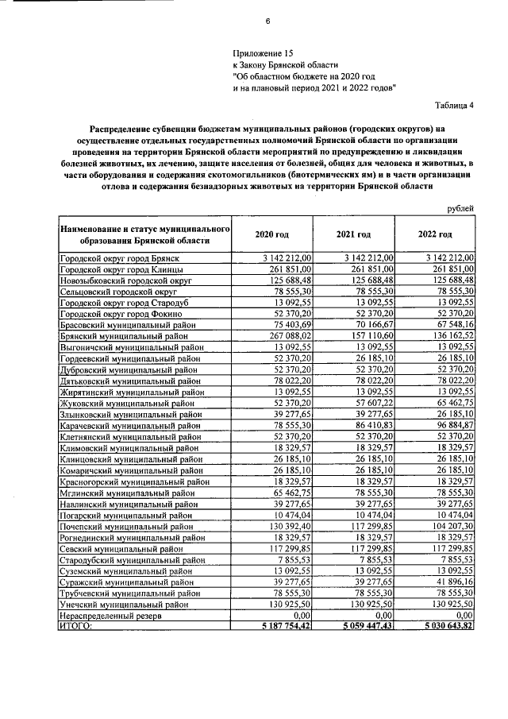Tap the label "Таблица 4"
point(455,104)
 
